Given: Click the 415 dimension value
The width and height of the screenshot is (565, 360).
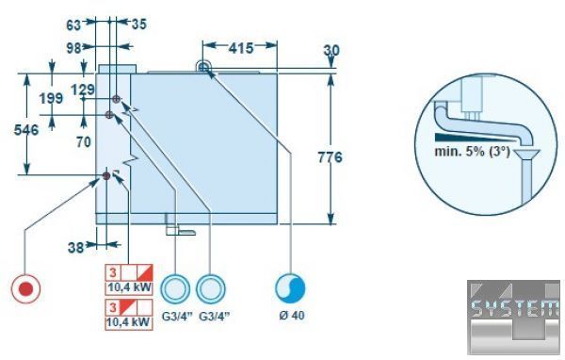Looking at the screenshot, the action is point(241,48).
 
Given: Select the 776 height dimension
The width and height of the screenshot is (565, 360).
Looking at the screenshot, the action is point(330,157).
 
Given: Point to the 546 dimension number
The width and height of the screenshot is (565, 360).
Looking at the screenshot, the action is point(26,130).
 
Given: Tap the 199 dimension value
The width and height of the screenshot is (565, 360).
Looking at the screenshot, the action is point(51,98).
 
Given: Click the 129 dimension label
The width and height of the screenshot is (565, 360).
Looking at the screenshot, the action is point(83,90).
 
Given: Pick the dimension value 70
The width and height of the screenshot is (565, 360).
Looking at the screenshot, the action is point(84,142).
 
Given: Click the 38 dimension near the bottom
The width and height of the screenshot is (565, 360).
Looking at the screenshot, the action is point(75,248).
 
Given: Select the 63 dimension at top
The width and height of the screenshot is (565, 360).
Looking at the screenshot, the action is point(73,25).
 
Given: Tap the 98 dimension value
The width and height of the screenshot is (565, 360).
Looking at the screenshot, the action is point(74,48).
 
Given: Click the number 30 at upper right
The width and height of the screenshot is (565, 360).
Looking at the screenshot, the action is point(331,50).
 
